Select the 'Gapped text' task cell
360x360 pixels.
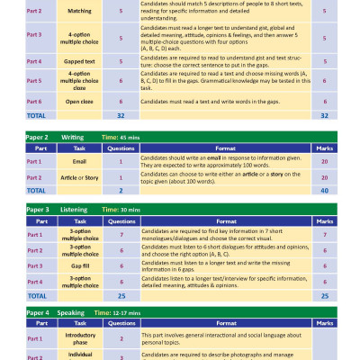pyautogui.click(x=79, y=60)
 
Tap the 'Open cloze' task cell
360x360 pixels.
pyautogui.click(x=79, y=103)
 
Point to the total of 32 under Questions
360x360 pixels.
pyautogui.click(x=121, y=116)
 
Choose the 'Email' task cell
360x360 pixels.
pyautogui.click(x=79, y=161)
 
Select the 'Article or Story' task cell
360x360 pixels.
pyautogui.click(x=79, y=177)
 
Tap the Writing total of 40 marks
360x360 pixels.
pyautogui.click(x=323, y=191)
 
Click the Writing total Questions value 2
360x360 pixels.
pyautogui.click(x=121, y=191)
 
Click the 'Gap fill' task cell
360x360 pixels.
pyautogui.click(x=79, y=265)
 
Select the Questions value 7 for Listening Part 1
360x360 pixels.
pyautogui.click(x=121, y=234)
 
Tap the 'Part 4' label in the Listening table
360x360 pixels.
pyautogui.click(x=34, y=282)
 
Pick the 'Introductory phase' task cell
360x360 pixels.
pyautogui.click(x=79, y=338)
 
